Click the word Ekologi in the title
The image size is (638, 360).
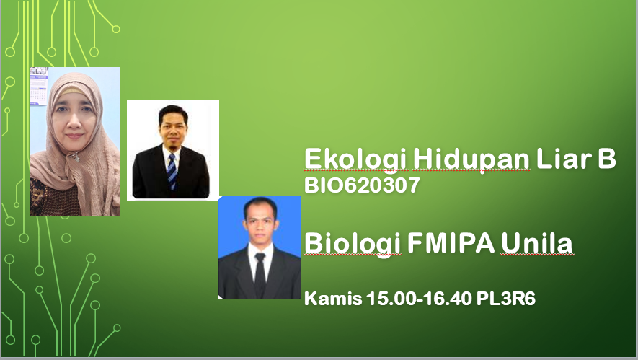[356, 160]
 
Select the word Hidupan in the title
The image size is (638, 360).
[471, 160]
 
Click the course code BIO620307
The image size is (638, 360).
[362, 185]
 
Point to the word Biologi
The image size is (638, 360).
[353, 245]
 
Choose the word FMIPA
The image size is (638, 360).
[451, 243]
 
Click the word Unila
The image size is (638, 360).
[536, 243]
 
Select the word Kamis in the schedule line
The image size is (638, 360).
[333, 299]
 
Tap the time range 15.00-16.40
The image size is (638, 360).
[419, 299]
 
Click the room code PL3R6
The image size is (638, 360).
[506, 299]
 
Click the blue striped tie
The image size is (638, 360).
[172, 171]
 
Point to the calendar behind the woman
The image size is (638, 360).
[39, 86]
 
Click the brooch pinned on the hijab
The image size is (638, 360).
[74, 156]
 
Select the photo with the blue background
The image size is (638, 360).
[260, 247]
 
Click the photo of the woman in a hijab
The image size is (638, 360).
[75, 141]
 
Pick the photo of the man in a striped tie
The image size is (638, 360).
[173, 150]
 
